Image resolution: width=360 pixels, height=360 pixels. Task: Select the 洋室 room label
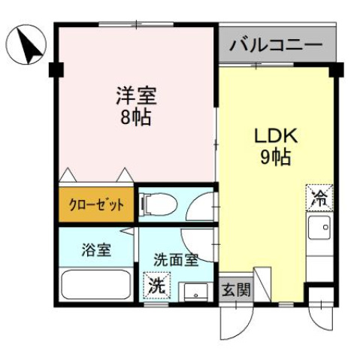(x=135, y=96)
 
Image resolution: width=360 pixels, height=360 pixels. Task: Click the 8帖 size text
(x=135, y=119)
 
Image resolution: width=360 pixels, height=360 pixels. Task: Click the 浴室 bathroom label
(x=96, y=250)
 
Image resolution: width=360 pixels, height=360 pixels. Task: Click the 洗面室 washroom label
(x=175, y=260)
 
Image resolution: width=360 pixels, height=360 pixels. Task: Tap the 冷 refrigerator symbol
(x=319, y=198)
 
